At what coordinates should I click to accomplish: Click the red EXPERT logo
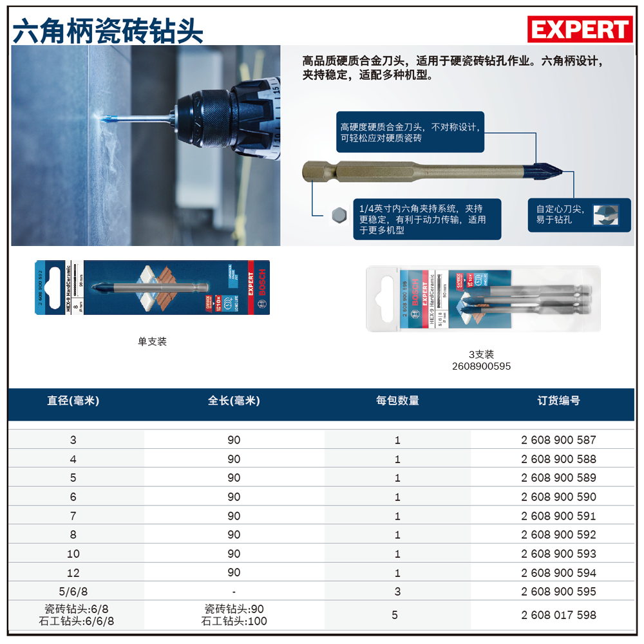580,30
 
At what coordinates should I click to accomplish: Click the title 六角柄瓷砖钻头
108,30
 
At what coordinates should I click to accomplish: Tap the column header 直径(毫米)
73,401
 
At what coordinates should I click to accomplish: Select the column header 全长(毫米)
234,401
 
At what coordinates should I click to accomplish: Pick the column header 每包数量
397,401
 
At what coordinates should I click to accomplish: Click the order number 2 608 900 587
558,440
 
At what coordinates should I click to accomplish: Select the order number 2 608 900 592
558,535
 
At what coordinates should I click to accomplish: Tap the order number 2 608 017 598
558,615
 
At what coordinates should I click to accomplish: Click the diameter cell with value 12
73,573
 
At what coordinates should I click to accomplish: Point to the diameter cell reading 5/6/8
73,591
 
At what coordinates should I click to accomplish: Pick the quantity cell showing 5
395,615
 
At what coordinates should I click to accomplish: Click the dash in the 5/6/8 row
234,591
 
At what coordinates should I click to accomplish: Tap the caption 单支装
152,341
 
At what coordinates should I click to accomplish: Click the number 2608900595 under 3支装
482,366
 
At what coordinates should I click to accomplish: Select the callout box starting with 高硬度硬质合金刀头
410,133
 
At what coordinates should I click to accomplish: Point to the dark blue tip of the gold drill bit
549,172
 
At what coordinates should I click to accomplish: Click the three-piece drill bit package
483,299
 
